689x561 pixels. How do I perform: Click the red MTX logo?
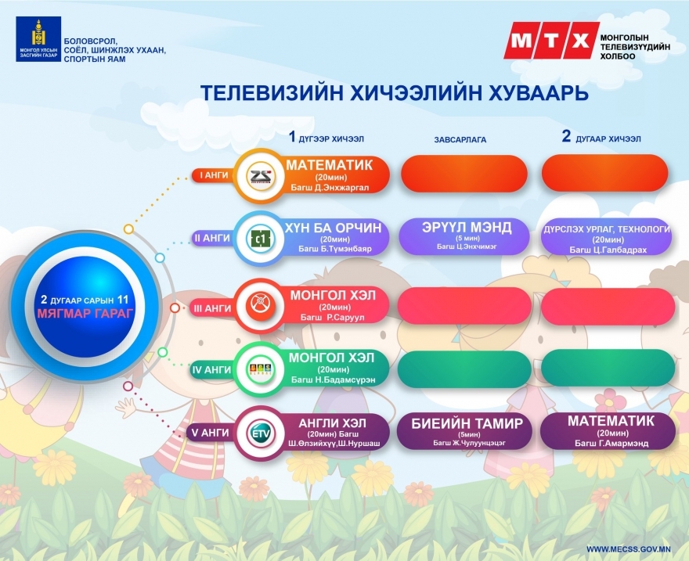pyautogui.click(x=551, y=41)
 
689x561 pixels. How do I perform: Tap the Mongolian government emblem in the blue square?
pyautogui.click(x=38, y=38)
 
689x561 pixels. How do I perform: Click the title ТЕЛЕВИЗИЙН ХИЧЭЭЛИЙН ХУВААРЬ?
pyautogui.click(x=394, y=93)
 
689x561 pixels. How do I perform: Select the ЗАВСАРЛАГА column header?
pyautogui.click(x=460, y=139)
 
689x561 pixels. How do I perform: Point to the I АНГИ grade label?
pyautogui.click(x=214, y=175)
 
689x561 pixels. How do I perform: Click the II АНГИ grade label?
pyautogui.click(x=212, y=238)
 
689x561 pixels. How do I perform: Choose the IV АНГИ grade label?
pyautogui.click(x=212, y=370)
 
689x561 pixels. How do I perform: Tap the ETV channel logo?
pyautogui.click(x=260, y=433)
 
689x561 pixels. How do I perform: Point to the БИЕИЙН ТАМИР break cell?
pyautogui.click(x=467, y=431)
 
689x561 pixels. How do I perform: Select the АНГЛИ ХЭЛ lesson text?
pyautogui.click(x=332, y=423)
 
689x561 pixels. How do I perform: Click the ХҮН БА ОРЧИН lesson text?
pyautogui.click(x=334, y=228)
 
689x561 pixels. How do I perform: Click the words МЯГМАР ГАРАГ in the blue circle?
pyautogui.click(x=85, y=314)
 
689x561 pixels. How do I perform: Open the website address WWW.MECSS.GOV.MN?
pyautogui.click(x=629, y=549)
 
